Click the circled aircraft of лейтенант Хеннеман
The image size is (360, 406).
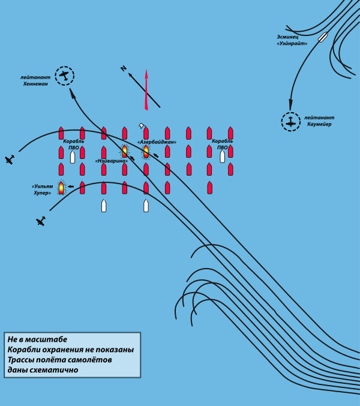pos(65,76)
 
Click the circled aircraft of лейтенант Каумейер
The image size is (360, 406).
pos(291,121)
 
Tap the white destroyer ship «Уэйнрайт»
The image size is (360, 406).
pos(322,37)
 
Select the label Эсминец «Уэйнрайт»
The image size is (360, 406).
pos(292,40)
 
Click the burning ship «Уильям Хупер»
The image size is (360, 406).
pos(61,188)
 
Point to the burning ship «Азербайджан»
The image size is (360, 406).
pos(146,151)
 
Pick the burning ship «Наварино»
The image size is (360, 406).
pos(125,151)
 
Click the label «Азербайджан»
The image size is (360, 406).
pos(157,142)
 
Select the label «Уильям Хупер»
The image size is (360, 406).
pos(43,190)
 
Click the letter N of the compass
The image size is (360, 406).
pos(124,69)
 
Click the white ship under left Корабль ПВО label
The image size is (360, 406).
pos(73,157)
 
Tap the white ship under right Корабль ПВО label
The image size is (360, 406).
pos(222,156)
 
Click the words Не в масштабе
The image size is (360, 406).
pos(37,339)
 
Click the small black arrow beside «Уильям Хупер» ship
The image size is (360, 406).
pos(70,187)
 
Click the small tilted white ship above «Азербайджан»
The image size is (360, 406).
pos(142,126)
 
